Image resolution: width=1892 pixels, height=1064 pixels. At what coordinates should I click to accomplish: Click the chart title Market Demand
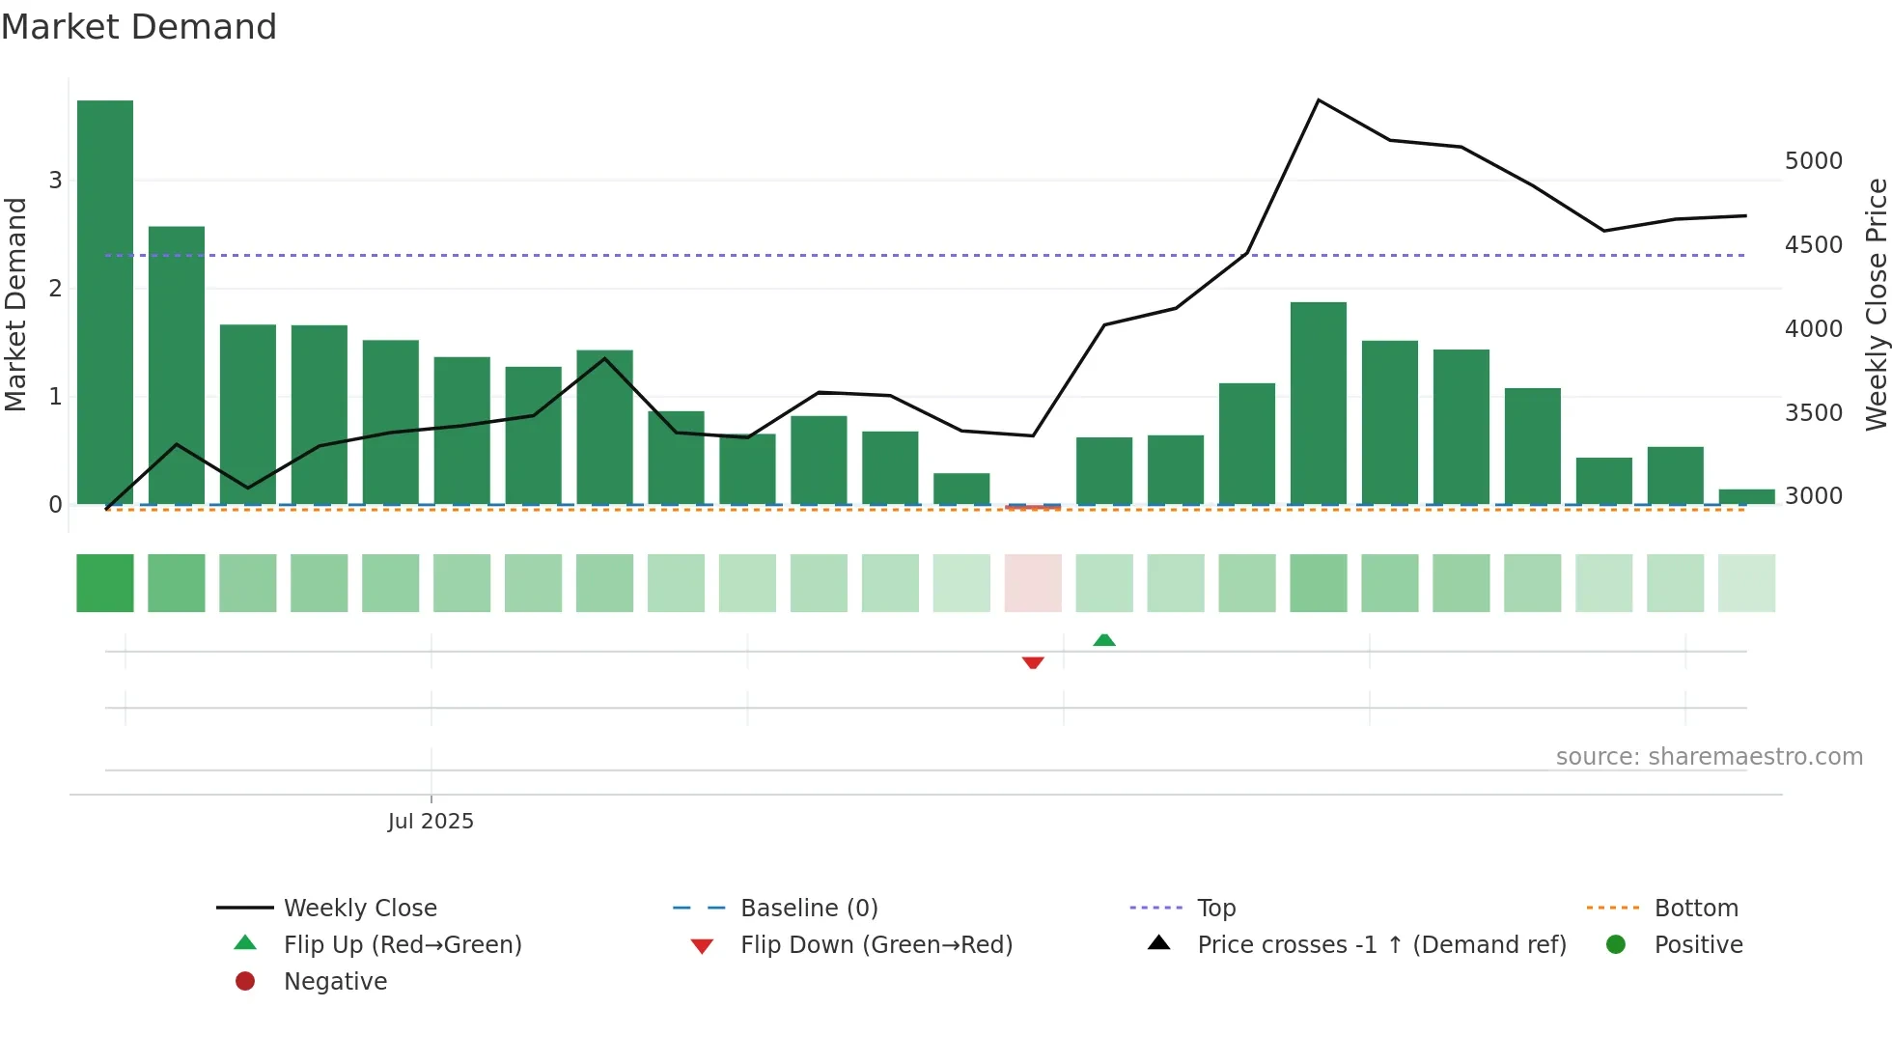click(x=139, y=27)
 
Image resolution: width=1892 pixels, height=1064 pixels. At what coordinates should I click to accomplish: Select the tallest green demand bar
click(x=105, y=301)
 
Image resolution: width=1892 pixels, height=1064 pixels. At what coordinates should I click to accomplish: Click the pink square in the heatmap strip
click(x=1033, y=583)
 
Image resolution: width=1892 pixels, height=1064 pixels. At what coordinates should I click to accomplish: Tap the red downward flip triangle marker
click(x=1033, y=662)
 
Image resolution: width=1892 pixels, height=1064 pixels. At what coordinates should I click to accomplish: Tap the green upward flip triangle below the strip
click(x=1104, y=640)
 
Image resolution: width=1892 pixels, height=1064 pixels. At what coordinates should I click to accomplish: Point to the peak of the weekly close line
click(x=1319, y=100)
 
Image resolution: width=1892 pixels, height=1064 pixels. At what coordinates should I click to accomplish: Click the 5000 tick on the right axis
click(x=1813, y=161)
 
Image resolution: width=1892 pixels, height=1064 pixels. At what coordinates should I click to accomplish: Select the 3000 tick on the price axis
click(x=1813, y=496)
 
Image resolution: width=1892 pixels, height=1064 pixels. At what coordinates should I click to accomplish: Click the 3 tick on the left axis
click(x=55, y=181)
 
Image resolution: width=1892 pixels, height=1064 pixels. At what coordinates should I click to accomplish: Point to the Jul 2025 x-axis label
click(x=431, y=822)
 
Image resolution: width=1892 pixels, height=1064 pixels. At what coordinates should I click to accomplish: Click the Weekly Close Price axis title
click(x=1876, y=304)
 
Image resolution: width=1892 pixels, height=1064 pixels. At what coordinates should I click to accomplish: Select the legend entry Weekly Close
click(x=359, y=909)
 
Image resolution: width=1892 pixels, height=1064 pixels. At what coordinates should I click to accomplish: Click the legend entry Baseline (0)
click(x=808, y=909)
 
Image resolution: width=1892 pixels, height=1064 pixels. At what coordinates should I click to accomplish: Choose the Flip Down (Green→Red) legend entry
click(x=876, y=945)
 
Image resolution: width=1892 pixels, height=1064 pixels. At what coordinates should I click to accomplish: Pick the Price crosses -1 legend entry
click(x=1380, y=945)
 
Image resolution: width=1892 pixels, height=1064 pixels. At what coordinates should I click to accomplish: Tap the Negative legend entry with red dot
click(x=334, y=982)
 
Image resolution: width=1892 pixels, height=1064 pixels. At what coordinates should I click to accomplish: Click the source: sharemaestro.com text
click(x=1709, y=757)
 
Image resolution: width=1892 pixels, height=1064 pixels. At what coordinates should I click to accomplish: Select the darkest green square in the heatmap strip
click(x=105, y=583)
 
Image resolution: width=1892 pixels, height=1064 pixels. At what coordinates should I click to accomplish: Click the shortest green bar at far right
click(x=1746, y=497)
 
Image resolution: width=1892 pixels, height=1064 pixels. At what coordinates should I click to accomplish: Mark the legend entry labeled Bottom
click(x=1695, y=909)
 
